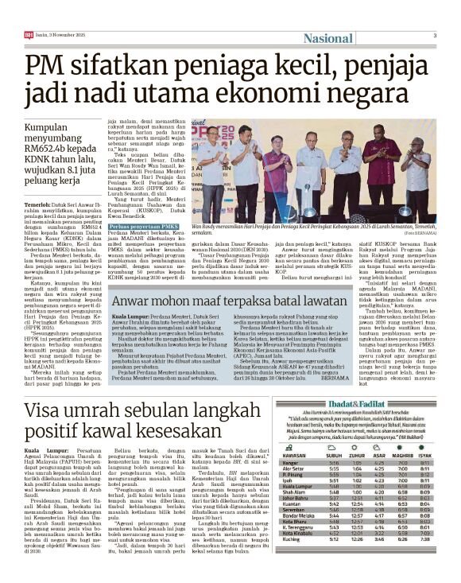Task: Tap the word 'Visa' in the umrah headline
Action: coord(48,413)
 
